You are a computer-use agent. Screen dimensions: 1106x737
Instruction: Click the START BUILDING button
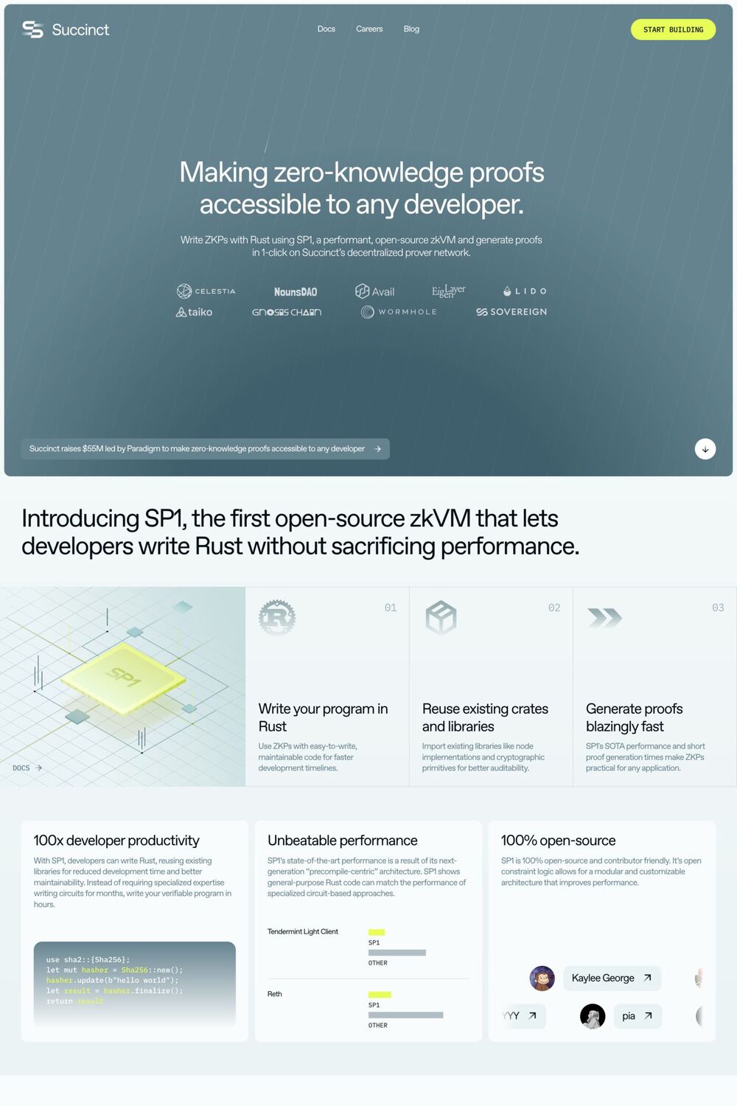(x=673, y=29)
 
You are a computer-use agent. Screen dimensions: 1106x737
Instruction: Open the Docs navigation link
(x=326, y=29)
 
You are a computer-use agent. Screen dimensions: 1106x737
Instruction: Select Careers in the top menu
(x=369, y=29)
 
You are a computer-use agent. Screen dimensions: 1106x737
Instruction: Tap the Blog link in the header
(x=411, y=29)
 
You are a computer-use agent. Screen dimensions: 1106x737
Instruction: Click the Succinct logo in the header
(x=66, y=29)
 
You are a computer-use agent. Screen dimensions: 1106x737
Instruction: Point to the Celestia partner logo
(x=206, y=291)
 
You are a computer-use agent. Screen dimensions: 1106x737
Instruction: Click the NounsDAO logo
(x=296, y=292)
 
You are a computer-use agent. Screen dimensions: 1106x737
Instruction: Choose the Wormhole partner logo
(x=399, y=312)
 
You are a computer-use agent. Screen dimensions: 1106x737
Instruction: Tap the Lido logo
(x=525, y=291)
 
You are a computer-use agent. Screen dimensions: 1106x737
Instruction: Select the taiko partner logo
(x=194, y=312)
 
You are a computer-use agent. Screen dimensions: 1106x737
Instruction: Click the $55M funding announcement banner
(x=205, y=448)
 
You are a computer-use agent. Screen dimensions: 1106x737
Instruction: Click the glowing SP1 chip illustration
(x=122, y=677)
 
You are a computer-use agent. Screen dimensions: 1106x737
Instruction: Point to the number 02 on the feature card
(x=554, y=608)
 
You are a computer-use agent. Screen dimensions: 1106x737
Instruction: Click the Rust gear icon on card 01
(x=277, y=617)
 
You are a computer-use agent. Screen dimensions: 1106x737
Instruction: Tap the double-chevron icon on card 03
(x=604, y=617)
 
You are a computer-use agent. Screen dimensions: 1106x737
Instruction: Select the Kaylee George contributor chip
(x=612, y=978)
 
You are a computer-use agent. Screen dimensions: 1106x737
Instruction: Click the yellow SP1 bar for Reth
(x=380, y=995)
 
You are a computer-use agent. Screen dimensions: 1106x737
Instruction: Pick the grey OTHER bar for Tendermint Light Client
(x=397, y=953)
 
